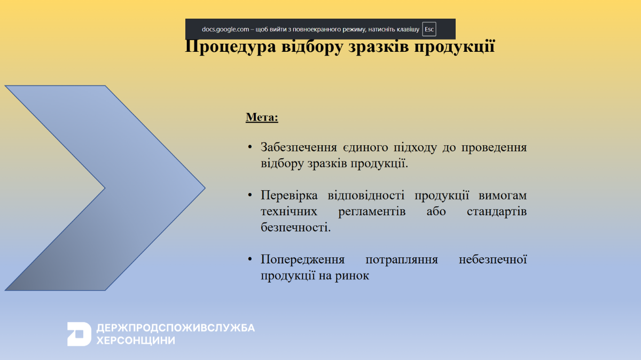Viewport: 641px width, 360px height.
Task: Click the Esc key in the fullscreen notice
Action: coord(429,29)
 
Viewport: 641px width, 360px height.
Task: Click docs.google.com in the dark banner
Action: coord(225,29)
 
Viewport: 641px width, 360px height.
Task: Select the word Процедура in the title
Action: coord(230,46)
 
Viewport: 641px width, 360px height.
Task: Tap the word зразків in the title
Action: coord(379,46)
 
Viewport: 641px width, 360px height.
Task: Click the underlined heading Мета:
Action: coord(262,118)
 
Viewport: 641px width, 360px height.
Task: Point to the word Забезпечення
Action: coord(299,147)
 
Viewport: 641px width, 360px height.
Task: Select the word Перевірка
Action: coord(289,195)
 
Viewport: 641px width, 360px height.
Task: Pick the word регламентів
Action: coord(372,212)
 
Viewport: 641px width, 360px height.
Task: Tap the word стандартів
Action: coord(496,212)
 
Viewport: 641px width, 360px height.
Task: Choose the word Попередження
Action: coord(302,260)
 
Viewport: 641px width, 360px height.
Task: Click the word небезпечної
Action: coord(493,259)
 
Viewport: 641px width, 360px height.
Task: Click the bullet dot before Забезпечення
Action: coord(250,147)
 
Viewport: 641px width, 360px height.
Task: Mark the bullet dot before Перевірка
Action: coord(250,195)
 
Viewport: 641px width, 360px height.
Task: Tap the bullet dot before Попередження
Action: coord(250,260)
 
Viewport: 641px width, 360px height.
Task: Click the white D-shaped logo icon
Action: coord(79,334)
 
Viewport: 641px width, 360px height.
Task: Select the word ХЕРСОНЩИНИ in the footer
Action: coord(136,341)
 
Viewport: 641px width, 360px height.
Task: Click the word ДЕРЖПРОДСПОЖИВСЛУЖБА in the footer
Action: coord(175,328)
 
